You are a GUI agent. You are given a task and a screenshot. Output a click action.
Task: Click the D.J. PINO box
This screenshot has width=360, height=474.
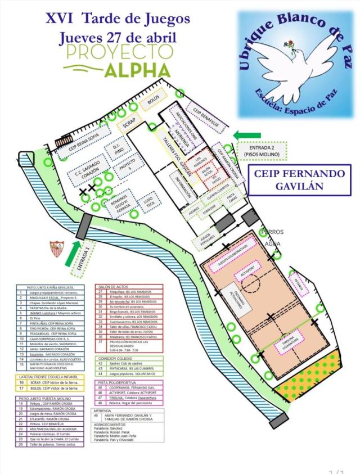pyautogui.click(x=118, y=147)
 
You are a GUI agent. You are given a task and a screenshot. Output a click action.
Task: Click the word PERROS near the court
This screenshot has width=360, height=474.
pyautogui.click(x=273, y=232)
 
